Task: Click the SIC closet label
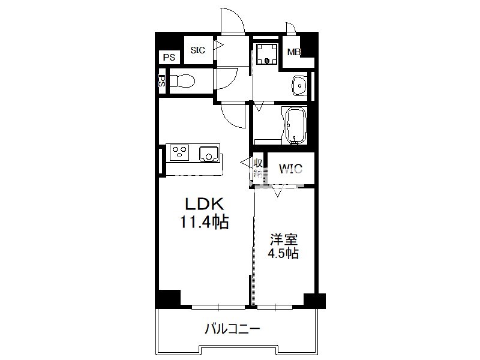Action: pos(197,50)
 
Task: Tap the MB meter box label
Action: pos(294,52)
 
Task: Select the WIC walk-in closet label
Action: pos(290,169)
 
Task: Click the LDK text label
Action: pos(204,203)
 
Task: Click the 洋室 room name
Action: pos(284,239)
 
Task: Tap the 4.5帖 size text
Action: pos(283,253)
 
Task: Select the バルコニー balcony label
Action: pos(232,329)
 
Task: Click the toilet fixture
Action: pos(182,81)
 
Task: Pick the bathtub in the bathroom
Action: pos(296,125)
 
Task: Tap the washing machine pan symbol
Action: pos(267,54)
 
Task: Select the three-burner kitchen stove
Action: pos(179,153)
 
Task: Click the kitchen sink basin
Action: pos(209,154)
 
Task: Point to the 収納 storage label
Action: pos(258,168)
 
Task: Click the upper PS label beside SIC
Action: pos(169,57)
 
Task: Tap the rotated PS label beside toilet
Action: pos(161,80)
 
